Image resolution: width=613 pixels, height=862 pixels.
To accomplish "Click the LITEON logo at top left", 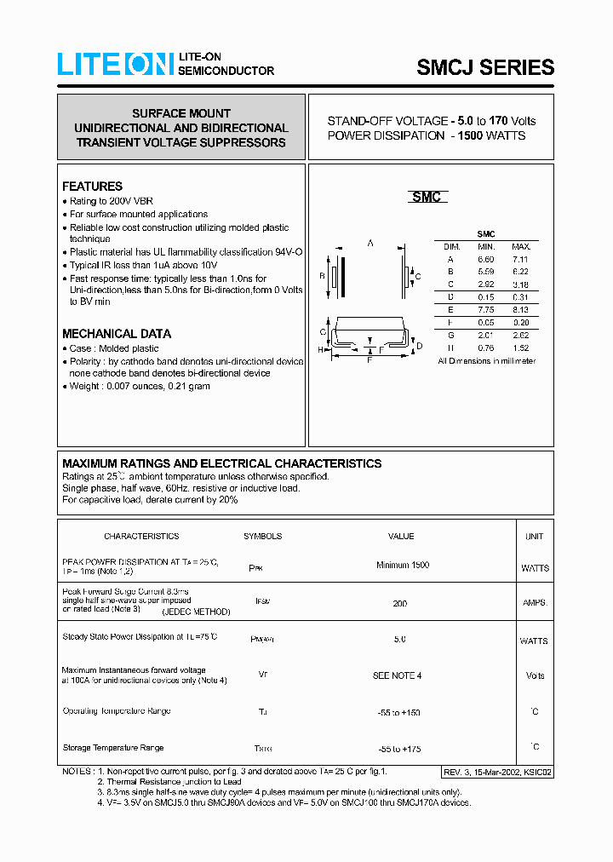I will (x=115, y=65).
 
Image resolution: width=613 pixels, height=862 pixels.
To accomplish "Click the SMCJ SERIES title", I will (x=485, y=67).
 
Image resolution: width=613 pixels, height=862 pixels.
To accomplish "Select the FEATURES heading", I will (x=92, y=187).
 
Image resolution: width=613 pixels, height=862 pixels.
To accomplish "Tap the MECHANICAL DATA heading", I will (x=117, y=334).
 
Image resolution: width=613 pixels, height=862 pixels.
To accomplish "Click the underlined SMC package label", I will (x=426, y=198).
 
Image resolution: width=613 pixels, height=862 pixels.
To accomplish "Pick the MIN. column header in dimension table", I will (x=485, y=246).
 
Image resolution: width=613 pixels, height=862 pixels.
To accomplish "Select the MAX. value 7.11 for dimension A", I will (x=519, y=259).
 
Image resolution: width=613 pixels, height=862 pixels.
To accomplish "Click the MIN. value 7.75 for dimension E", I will (x=485, y=310).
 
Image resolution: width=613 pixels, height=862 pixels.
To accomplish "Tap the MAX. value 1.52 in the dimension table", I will (x=519, y=348).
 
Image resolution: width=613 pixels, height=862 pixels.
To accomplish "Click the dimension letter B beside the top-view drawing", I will (x=322, y=276).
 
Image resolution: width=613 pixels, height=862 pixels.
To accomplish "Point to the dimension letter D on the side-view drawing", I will (x=419, y=345).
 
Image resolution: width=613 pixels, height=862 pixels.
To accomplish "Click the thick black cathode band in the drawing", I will (x=342, y=276).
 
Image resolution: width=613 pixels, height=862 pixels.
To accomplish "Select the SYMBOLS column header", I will (x=262, y=537).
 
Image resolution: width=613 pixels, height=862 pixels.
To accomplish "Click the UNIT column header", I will (x=534, y=537).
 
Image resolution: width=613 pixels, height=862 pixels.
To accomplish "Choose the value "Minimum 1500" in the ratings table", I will (x=402, y=566).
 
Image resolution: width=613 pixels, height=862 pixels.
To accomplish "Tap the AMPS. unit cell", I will (x=535, y=603).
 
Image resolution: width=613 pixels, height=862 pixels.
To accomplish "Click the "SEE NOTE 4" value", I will (x=397, y=675).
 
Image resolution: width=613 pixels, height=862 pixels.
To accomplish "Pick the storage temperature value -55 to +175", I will (x=399, y=749).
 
